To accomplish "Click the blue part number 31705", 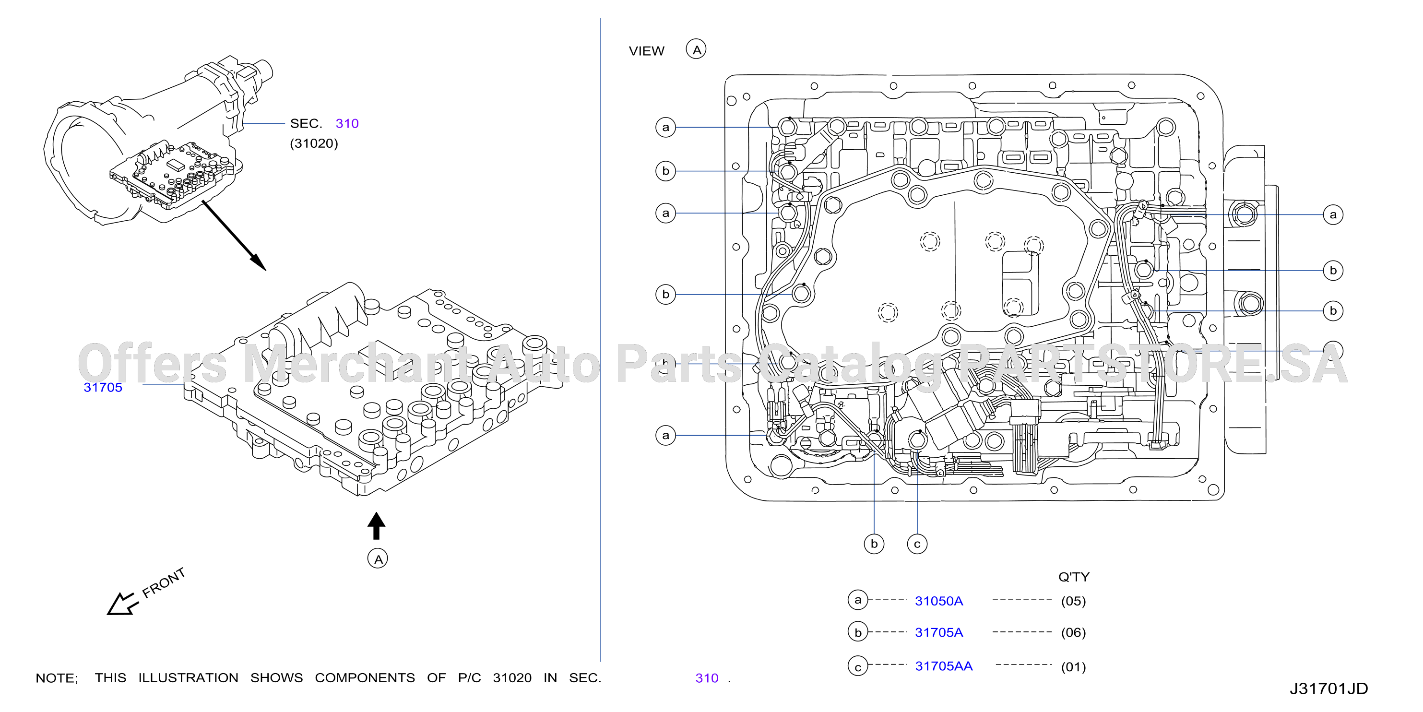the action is pyautogui.click(x=103, y=387).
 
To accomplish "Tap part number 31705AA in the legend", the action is pyautogui.click(x=944, y=665).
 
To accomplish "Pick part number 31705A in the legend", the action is pyautogui.click(x=938, y=632).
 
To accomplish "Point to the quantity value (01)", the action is pyautogui.click(x=1073, y=667).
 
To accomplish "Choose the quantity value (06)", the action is pyautogui.click(x=1073, y=632).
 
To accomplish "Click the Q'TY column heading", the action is pyautogui.click(x=1074, y=577).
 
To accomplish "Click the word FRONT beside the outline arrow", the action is pyautogui.click(x=164, y=583).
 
